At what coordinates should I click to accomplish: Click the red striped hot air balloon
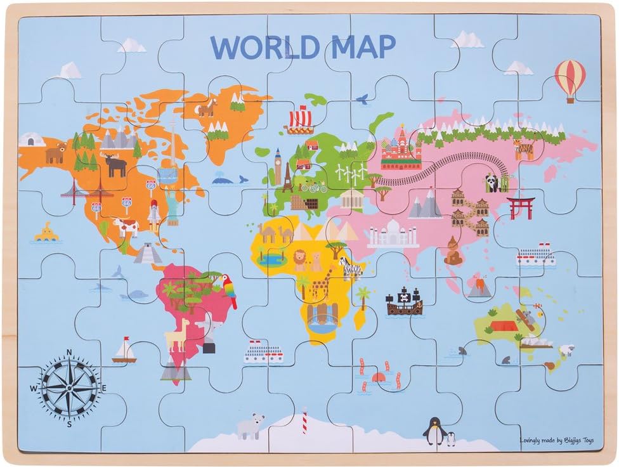click(570, 79)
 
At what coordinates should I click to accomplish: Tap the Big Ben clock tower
click(277, 163)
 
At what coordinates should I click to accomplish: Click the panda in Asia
click(493, 183)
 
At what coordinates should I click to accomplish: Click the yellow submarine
click(46, 233)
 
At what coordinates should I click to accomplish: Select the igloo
click(32, 140)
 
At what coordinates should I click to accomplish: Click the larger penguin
click(433, 431)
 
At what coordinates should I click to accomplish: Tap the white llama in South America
click(178, 334)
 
